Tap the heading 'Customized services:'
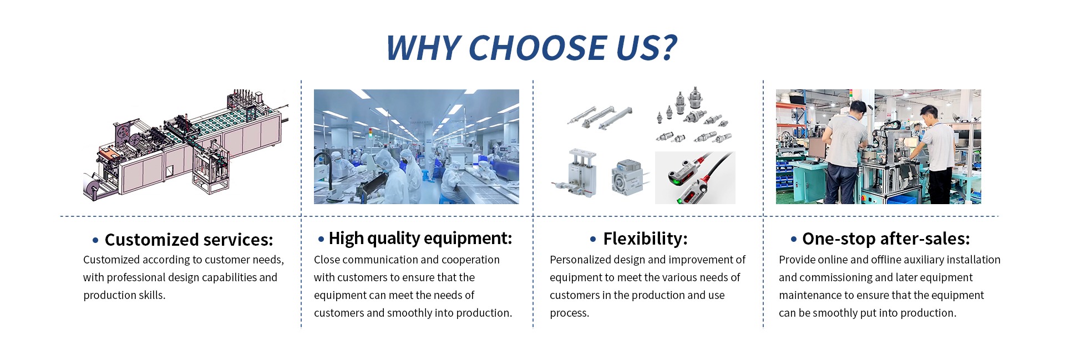[189, 240]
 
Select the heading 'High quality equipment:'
[420, 239]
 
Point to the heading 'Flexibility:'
[645, 239]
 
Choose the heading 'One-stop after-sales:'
[886, 239]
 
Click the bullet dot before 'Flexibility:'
[593, 239]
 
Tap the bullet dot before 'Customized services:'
[95, 240]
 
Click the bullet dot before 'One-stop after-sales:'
[794, 239]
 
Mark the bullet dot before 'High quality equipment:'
[321, 239]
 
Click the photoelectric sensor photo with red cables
[695, 178]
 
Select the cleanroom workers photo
[417, 146]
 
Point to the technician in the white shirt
[936, 154]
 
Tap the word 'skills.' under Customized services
[152, 295]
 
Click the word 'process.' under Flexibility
[570, 313]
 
